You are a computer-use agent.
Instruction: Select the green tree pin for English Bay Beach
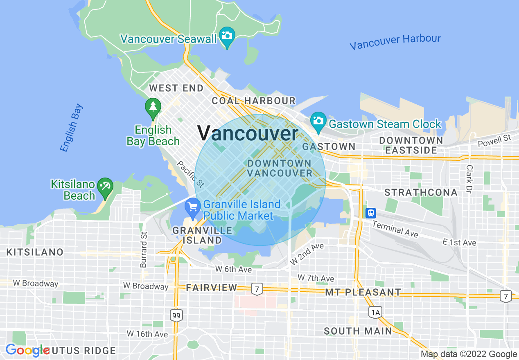pyautogui.click(x=153, y=107)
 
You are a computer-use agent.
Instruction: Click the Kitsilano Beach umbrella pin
pyautogui.click(x=106, y=187)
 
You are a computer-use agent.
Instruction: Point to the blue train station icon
pyautogui.click(x=370, y=213)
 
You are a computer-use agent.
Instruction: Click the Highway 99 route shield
pyautogui.click(x=176, y=315)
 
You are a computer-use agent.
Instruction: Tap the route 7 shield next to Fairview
pyautogui.click(x=257, y=288)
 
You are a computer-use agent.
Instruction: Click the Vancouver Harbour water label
pyautogui.click(x=395, y=42)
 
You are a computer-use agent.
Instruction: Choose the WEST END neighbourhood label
pyautogui.click(x=176, y=88)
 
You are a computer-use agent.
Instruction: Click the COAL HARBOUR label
pyautogui.click(x=253, y=101)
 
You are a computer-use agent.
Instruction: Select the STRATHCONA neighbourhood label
pyautogui.click(x=421, y=192)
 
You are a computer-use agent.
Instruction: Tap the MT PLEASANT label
pyautogui.click(x=363, y=292)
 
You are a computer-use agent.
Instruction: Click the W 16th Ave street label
pyautogui.click(x=147, y=334)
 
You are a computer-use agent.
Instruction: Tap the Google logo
pyautogui.click(x=27, y=350)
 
